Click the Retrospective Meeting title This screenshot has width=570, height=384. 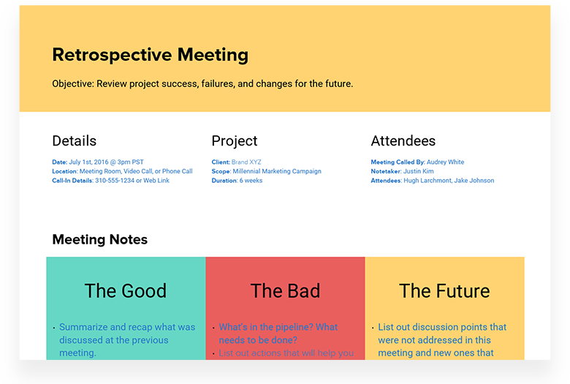[x=150, y=55]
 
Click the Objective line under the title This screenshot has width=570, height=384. [x=202, y=84]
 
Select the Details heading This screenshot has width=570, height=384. [x=74, y=141]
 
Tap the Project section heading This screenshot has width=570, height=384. [x=234, y=141]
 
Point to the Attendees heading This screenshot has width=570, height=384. [x=403, y=141]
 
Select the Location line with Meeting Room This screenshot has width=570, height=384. [x=122, y=171]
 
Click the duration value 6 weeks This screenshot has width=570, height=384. [x=253, y=181]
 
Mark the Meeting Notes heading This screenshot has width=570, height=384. [x=99, y=240]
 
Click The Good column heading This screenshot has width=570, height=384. [x=125, y=291]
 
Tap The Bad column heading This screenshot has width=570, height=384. [x=285, y=291]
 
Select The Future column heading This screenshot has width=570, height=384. [x=444, y=291]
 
